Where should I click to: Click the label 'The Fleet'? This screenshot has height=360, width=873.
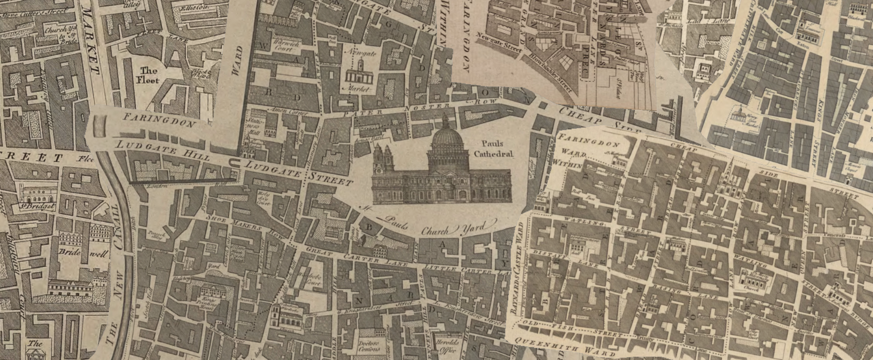pos(148,75)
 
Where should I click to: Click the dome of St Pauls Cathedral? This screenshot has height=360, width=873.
pos(446,138)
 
